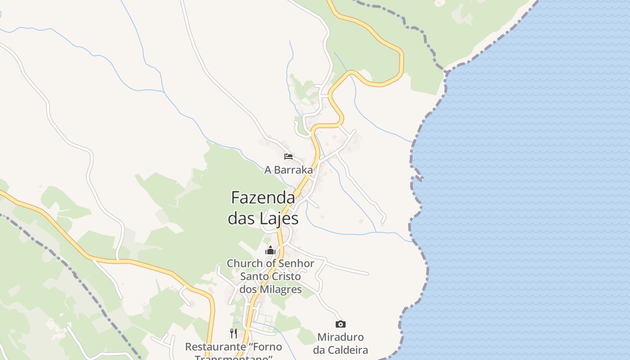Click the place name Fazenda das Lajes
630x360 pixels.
(263, 207)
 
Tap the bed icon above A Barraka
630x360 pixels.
(288, 157)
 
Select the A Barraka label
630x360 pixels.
(288, 170)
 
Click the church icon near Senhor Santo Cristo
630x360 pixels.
(270, 250)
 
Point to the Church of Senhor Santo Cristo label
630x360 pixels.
(270, 276)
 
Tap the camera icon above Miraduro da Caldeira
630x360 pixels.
(341, 324)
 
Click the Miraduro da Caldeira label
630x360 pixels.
(341, 343)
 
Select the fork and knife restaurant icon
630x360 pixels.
(234, 333)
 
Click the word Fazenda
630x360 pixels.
(263, 197)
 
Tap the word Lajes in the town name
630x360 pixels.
(279, 219)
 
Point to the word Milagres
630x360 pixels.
(282, 289)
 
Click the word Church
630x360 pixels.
(243, 263)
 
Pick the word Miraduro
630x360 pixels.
(341, 337)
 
